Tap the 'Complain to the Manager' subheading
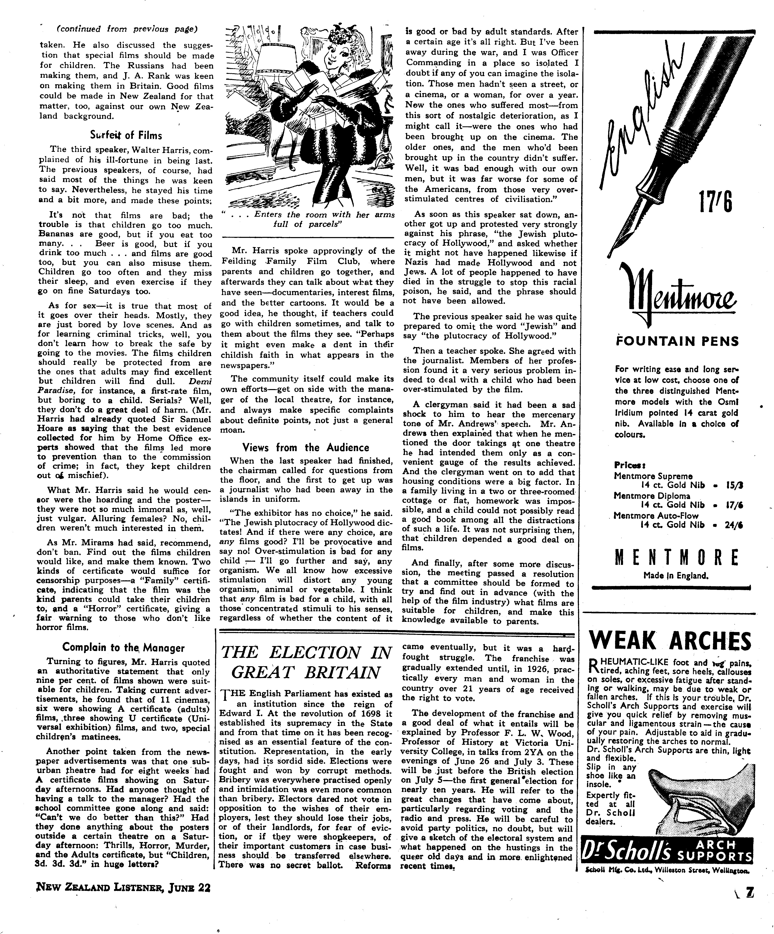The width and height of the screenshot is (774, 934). (x=123, y=647)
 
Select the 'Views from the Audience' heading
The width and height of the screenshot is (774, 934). (x=306, y=447)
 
